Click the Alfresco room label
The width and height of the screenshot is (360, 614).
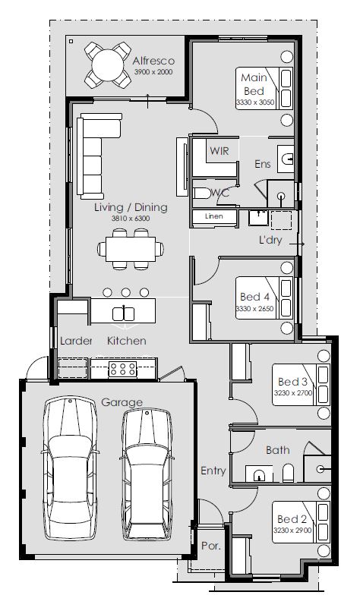coord(153,61)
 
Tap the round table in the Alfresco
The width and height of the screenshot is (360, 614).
coord(108,65)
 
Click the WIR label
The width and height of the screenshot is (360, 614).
coord(219,151)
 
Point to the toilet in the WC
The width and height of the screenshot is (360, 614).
coord(202,193)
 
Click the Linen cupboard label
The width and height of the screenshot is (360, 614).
coord(214,216)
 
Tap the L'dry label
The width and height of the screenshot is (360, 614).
coord(270,240)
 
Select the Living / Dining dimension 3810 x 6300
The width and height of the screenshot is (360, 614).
coord(131,219)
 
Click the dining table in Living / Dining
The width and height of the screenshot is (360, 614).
coord(131,249)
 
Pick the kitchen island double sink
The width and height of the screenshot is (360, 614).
coord(123,313)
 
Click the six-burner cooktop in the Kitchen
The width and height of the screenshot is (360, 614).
coord(123,370)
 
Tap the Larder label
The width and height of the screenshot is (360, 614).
coord(76,341)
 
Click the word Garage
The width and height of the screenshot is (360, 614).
coord(122,402)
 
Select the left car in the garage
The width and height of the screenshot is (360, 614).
coord(70,468)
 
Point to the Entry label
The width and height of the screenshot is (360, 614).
coord(213,471)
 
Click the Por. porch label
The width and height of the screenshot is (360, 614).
coord(211,546)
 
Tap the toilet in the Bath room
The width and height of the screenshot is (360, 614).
coord(288,473)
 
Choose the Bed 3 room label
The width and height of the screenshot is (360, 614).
coord(292,381)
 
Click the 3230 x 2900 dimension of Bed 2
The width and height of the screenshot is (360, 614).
coord(292,531)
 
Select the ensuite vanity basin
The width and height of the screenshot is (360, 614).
coord(286,159)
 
